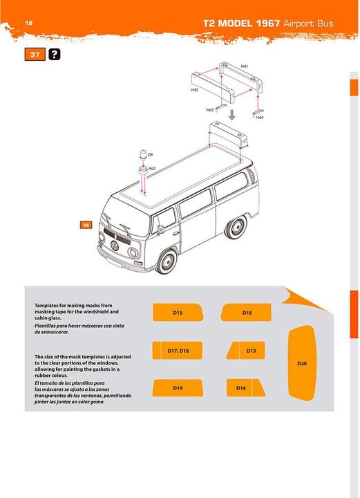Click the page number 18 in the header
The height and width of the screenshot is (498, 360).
click(29, 24)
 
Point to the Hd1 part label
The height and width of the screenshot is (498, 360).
click(245, 66)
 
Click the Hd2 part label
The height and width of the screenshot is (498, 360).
click(195, 90)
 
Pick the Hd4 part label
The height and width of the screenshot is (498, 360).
click(259, 118)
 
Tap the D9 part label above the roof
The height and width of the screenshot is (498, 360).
click(150, 154)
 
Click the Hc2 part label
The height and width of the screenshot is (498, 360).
click(152, 168)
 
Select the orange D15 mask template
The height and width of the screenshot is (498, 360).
click(178, 313)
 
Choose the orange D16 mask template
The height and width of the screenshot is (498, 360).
click(247, 313)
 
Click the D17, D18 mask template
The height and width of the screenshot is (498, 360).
click(178, 351)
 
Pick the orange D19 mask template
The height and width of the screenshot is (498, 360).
click(178, 388)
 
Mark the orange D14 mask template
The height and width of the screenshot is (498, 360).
click(242, 388)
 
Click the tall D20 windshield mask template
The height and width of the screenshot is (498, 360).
click(301, 362)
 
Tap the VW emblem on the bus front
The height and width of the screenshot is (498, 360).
click(114, 244)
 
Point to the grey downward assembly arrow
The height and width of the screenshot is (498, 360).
click(233, 113)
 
